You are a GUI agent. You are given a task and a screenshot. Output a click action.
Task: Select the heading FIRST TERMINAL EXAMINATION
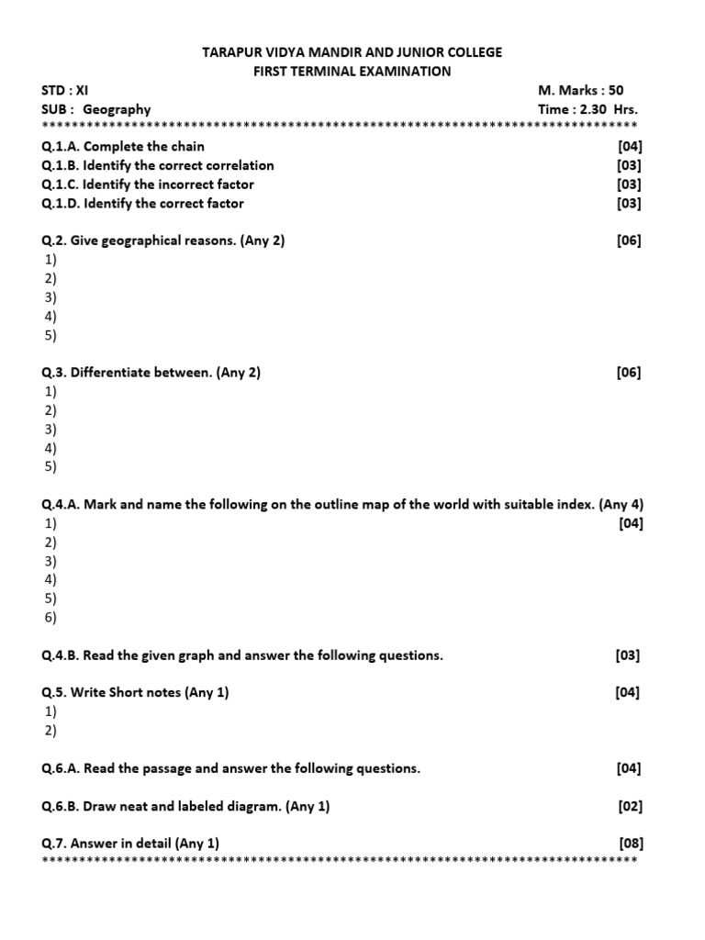[x=352, y=72]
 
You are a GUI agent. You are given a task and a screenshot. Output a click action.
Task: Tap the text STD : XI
[x=65, y=91]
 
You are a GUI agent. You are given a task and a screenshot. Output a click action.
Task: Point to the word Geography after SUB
[x=117, y=109]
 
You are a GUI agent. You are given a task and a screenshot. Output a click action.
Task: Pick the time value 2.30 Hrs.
[x=608, y=109]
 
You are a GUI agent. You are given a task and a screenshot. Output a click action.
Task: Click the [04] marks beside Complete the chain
[x=630, y=146]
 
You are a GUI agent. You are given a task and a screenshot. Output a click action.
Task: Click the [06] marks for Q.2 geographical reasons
[x=630, y=241]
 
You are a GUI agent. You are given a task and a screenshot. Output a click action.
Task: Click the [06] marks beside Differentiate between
[x=630, y=372]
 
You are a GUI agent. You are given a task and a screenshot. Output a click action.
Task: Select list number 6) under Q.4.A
[x=50, y=618]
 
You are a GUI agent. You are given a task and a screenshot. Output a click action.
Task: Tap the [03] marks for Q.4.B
[x=628, y=655]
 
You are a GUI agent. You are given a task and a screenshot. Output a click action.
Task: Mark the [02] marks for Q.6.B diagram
[x=630, y=806]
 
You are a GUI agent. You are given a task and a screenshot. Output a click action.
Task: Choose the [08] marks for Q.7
[x=630, y=843]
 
